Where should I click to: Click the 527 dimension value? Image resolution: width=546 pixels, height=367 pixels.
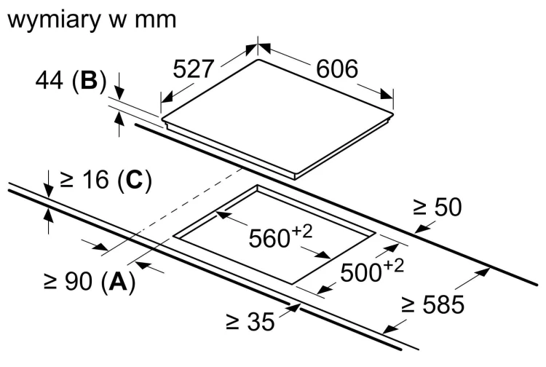point(193,69)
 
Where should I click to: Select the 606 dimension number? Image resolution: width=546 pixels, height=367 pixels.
point(337,68)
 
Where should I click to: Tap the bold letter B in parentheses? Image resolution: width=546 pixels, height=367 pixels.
point(89,80)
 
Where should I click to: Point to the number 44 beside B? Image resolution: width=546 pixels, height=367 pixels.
point(50,80)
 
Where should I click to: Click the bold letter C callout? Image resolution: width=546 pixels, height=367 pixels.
point(135,180)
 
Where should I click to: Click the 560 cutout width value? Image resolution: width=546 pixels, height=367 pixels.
point(269,239)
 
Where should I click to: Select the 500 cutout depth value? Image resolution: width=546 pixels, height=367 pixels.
point(361,272)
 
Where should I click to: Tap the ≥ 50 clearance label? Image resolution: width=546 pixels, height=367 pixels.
point(438,208)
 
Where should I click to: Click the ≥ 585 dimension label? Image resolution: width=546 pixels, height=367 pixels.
point(433,304)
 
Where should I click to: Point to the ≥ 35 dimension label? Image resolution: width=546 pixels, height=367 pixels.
point(250,321)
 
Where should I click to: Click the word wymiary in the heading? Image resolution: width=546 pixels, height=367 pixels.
point(54,21)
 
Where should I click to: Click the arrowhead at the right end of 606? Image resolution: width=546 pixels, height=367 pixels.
point(387,95)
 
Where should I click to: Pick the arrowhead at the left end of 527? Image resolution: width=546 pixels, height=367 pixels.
point(167,98)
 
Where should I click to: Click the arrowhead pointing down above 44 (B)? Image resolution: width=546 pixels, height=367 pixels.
point(119,93)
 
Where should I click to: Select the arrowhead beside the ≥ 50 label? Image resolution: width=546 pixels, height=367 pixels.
point(422,229)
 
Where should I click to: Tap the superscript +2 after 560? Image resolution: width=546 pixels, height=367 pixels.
point(302,232)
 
